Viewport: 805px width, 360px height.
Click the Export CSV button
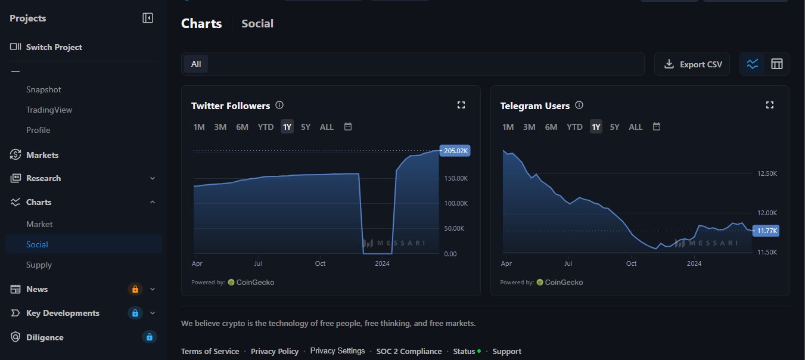[x=692, y=64]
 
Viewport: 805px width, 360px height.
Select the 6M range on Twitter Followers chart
[x=242, y=127]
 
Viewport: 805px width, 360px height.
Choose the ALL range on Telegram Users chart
[x=635, y=127]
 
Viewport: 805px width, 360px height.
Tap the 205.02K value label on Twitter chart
[x=455, y=151]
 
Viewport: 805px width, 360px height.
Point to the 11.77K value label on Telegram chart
[x=766, y=231]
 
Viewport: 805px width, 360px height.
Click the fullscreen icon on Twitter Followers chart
[x=461, y=105]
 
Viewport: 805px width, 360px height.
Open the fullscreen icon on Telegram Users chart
[x=770, y=105]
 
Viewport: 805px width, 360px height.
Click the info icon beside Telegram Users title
[x=579, y=105]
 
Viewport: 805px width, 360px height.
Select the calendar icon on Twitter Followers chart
[x=348, y=126]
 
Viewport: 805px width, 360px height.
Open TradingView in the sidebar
[x=49, y=110]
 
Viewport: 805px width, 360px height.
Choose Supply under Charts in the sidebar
[x=39, y=265]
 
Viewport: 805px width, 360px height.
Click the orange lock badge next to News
[x=135, y=289]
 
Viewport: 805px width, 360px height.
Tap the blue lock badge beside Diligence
[x=150, y=337]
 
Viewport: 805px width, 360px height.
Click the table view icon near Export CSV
[x=776, y=64]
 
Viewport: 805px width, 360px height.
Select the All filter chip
[x=196, y=64]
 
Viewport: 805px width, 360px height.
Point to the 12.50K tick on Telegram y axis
[x=767, y=173]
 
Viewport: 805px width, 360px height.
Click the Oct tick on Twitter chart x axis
[x=320, y=263]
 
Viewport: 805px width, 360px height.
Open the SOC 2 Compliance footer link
[x=409, y=352]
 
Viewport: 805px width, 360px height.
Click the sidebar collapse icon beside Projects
[x=148, y=18]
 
